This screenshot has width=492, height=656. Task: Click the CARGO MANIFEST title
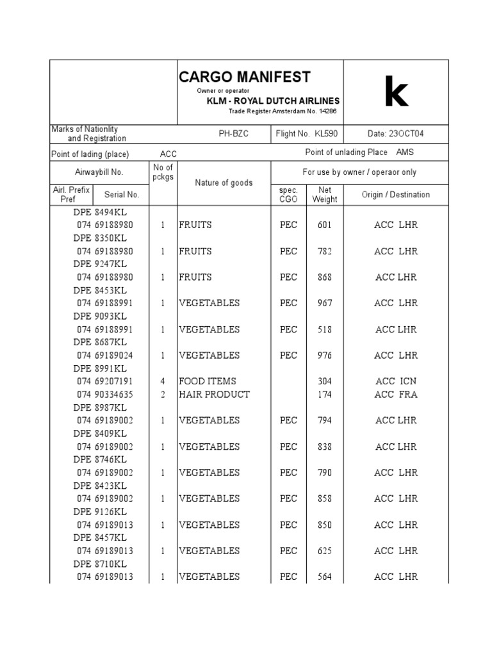pyautogui.click(x=244, y=78)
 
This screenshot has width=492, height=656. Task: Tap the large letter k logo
pyautogui.click(x=395, y=94)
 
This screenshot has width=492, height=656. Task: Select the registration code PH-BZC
pyautogui.click(x=237, y=134)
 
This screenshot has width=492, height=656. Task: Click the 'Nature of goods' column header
pyautogui.click(x=224, y=183)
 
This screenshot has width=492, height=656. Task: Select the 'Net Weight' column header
pyautogui.click(x=324, y=195)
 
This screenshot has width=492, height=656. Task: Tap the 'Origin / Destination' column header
pyautogui.click(x=395, y=195)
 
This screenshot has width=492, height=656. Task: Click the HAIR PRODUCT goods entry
pyautogui.click(x=214, y=395)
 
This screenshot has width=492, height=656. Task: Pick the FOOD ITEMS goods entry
pyautogui.click(x=208, y=381)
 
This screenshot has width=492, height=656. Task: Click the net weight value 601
pyautogui.click(x=324, y=225)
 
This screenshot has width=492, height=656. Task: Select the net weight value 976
pyautogui.click(x=324, y=355)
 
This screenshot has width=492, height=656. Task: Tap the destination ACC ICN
pyautogui.click(x=395, y=381)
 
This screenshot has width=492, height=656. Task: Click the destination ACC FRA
pyautogui.click(x=395, y=395)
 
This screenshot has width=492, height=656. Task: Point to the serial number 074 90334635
pyautogui.click(x=104, y=395)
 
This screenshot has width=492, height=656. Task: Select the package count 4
pyautogui.click(x=163, y=381)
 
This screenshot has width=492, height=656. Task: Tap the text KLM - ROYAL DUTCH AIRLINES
pyautogui.click(x=273, y=101)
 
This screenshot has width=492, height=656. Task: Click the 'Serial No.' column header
pyautogui.click(x=122, y=195)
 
